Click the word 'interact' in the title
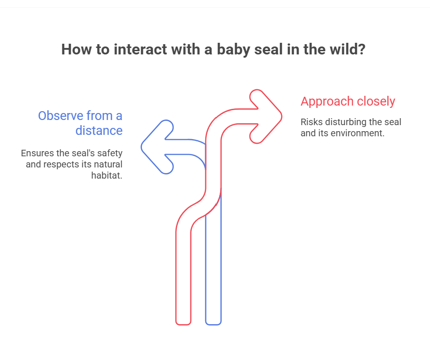140,49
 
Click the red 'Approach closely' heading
348,101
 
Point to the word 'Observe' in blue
60,116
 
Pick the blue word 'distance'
99,131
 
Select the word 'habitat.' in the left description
107,175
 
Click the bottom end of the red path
183,324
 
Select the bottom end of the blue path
213,324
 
